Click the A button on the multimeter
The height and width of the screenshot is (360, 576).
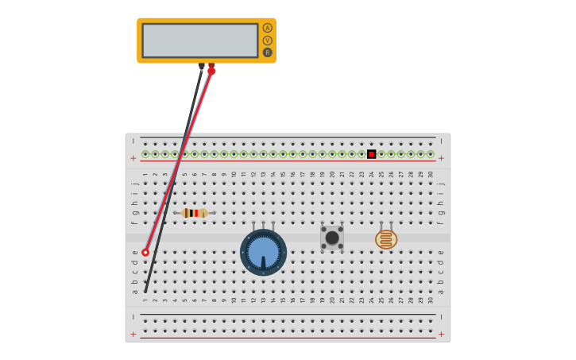(x=268, y=28)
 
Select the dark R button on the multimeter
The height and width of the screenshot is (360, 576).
(x=268, y=52)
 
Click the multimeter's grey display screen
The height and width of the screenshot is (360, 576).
(x=200, y=40)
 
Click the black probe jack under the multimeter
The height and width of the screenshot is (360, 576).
(x=202, y=67)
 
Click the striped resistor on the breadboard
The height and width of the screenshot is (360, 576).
(x=194, y=213)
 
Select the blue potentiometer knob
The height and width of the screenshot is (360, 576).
(x=263, y=252)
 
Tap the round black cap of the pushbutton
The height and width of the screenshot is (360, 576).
(x=332, y=238)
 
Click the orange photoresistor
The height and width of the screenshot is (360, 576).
(x=386, y=239)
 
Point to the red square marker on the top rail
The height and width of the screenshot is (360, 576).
(x=371, y=154)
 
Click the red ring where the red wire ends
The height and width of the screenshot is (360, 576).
(x=145, y=253)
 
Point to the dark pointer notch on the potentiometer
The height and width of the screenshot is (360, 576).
(x=263, y=263)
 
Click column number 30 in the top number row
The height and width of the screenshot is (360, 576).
(x=431, y=174)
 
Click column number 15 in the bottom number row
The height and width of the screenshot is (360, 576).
(x=283, y=300)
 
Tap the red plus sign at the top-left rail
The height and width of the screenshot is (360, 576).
(x=133, y=158)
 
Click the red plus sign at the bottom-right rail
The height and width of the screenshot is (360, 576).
(x=441, y=335)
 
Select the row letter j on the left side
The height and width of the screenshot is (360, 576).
(x=134, y=184)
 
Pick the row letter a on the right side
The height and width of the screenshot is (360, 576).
(x=441, y=291)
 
